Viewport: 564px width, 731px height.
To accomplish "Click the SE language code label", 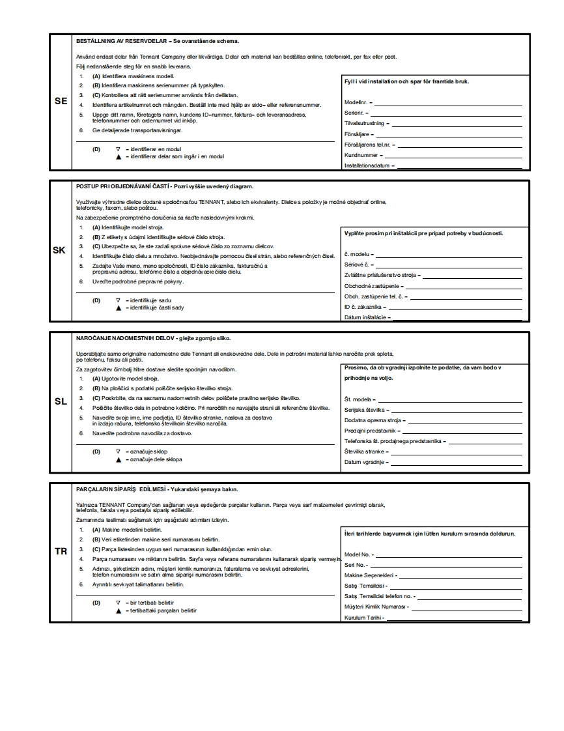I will (61, 101).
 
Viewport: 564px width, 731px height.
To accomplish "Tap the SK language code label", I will (61, 250).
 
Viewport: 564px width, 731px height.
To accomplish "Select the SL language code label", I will (61, 401).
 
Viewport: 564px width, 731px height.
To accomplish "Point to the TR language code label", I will (61, 551).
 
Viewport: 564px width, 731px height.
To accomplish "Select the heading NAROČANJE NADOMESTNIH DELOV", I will (154, 338).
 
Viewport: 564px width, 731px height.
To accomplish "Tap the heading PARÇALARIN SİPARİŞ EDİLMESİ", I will (156, 489).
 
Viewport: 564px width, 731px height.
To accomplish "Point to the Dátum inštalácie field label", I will (367, 317).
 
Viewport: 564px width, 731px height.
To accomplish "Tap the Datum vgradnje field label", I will (365, 463).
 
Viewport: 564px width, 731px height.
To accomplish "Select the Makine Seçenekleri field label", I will (370, 575).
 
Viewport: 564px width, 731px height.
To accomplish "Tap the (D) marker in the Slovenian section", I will (96, 451).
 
